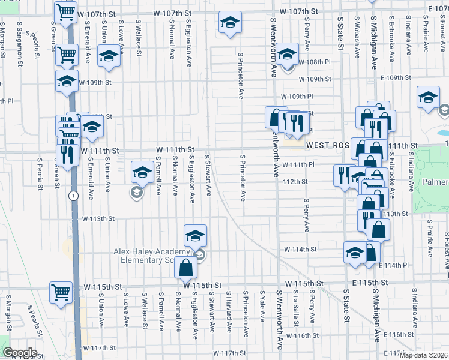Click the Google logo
click(x=20, y=353)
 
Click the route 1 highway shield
click(x=73, y=196)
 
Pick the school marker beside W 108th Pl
click(x=288, y=56)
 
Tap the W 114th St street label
click(x=300, y=249)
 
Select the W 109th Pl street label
click(x=298, y=96)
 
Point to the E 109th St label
click(x=397, y=78)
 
